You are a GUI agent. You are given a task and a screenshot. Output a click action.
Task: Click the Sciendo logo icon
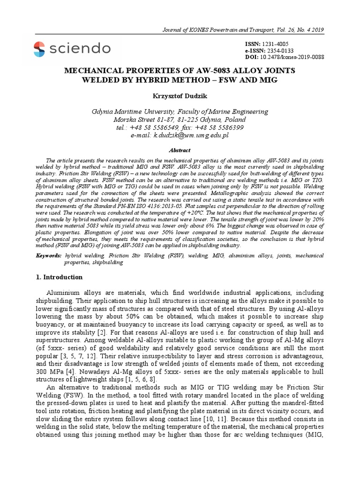click(39, 48)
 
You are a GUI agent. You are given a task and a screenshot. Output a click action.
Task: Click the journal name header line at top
click(241, 30)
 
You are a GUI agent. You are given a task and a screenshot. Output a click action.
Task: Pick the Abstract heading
click(180, 150)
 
